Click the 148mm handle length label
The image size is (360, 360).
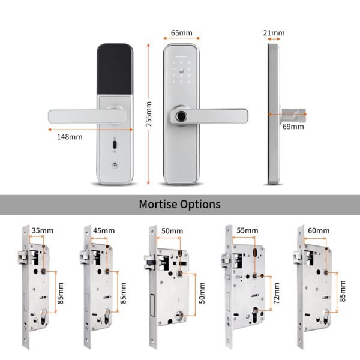pos(70,137)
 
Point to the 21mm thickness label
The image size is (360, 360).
pos(274,33)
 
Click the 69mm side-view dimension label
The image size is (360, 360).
pos(293,127)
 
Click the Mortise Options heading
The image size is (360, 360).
pos(179,204)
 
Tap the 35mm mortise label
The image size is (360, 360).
pos(43,230)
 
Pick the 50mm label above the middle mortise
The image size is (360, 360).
pos(172,230)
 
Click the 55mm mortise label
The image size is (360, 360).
pos(247,230)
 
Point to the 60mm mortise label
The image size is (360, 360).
pos(318,230)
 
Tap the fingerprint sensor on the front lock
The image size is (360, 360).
pos(179,116)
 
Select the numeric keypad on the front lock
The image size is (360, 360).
pos(182,70)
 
